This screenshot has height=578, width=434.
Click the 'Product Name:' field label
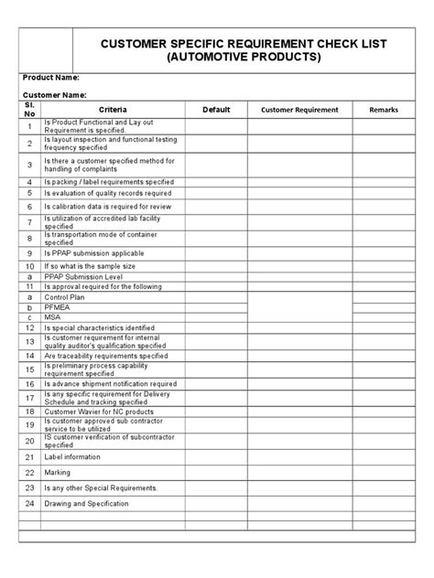(x=52, y=78)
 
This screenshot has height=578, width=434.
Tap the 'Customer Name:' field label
(x=55, y=95)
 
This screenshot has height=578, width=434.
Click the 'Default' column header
(x=216, y=110)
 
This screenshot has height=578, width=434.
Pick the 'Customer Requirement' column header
(x=299, y=110)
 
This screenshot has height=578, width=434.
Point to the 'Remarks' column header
(x=384, y=110)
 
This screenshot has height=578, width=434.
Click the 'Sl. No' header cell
(x=29, y=110)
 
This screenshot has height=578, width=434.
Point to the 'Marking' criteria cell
(x=57, y=472)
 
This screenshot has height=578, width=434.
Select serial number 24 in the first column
(x=29, y=504)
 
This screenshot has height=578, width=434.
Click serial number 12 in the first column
(x=29, y=327)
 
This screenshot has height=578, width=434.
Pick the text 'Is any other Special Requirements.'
(x=101, y=487)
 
